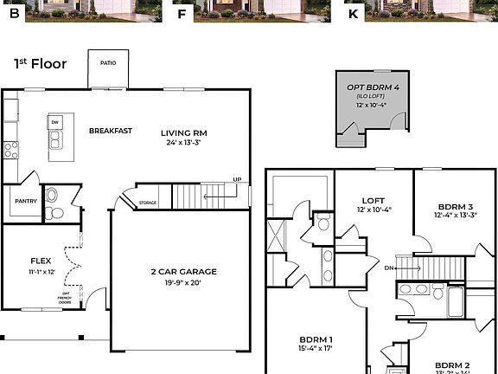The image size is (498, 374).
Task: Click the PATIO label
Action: coord(108,61)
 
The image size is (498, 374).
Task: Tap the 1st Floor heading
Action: coord(41,63)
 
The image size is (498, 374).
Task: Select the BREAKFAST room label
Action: coord(111,131)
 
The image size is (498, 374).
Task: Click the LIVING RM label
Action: coord(183,132)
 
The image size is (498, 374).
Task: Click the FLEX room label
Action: coord(41,260)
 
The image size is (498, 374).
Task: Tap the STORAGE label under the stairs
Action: coord(148,203)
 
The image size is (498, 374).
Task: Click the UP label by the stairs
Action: coord(236,179)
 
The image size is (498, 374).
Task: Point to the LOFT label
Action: coord(373,200)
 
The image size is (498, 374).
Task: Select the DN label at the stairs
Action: coord(389,268)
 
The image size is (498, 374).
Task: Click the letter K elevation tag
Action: coord(352,14)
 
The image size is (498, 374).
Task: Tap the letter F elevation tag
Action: coord(181,14)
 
